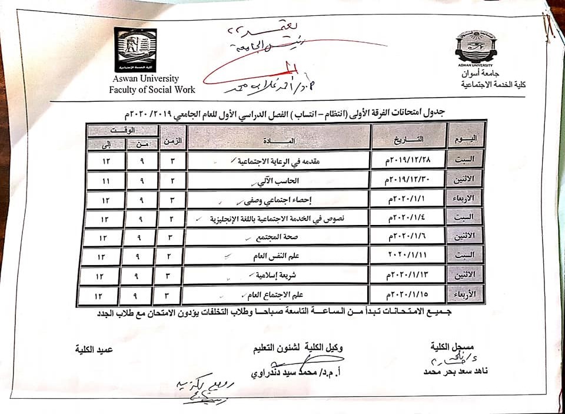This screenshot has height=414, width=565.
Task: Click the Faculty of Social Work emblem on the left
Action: point(135,49)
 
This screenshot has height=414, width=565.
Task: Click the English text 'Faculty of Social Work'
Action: point(152,90)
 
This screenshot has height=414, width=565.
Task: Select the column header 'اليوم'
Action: point(466,139)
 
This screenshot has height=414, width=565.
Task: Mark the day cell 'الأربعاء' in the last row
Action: point(466,294)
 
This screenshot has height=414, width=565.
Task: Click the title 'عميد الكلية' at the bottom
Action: point(93,349)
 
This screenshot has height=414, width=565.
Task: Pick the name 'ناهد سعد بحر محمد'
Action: point(456,372)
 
